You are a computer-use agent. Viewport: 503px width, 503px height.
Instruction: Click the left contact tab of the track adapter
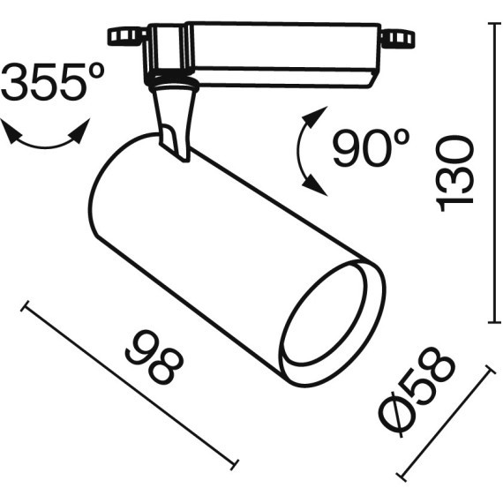point(126,36)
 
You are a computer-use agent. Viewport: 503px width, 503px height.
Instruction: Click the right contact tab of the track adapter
point(396,38)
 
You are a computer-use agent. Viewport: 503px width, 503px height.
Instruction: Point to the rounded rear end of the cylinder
point(101,203)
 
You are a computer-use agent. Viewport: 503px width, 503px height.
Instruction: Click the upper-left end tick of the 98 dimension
point(26,305)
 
